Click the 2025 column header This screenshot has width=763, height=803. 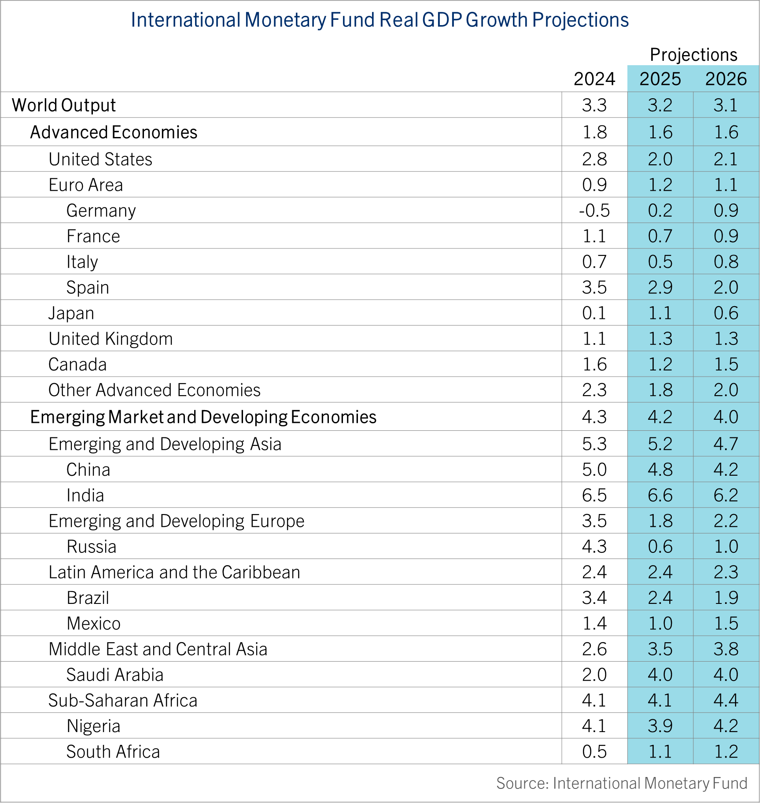[x=660, y=79]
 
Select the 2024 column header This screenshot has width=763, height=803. [x=594, y=79]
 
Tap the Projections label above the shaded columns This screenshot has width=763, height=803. [x=693, y=55]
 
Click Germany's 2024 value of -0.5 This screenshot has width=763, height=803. [x=594, y=211]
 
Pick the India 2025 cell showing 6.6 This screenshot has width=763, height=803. [x=660, y=495]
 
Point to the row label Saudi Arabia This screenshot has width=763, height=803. [x=115, y=675]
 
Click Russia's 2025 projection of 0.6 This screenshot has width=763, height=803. [x=660, y=547]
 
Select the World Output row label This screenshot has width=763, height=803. [x=64, y=105]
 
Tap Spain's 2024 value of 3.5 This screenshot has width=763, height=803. [x=594, y=288]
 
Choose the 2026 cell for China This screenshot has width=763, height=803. [x=726, y=470]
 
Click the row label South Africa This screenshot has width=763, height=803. [x=113, y=752]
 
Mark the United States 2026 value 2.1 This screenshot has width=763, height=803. [x=726, y=159]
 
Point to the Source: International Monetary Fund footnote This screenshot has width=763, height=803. [x=622, y=783]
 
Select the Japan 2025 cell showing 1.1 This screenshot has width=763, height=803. [x=660, y=313]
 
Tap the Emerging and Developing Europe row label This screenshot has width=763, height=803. [x=177, y=521]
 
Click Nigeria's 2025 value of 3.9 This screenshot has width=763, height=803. [x=660, y=726]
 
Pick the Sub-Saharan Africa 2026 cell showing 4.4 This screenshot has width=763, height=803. [x=726, y=700]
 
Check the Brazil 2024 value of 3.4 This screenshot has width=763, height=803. [x=594, y=598]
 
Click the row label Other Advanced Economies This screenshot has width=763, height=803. [x=155, y=390]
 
